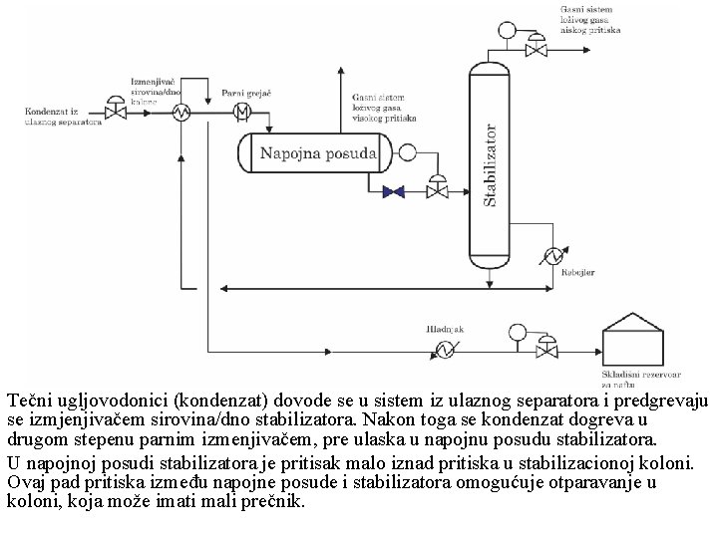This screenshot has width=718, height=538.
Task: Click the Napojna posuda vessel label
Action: (318, 153)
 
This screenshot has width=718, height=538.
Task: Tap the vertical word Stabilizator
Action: (490, 165)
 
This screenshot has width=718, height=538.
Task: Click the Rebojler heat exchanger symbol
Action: (549, 256)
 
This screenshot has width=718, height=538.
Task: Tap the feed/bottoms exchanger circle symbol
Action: (182, 113)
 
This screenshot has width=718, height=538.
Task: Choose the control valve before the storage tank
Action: (547, 348)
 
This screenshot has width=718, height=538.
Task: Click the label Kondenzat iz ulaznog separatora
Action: (63, 117)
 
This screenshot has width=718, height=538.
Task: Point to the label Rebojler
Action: (578, 271)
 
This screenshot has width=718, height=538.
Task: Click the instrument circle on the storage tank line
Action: (517, 332)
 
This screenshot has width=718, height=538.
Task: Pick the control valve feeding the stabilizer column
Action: (437, 189)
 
